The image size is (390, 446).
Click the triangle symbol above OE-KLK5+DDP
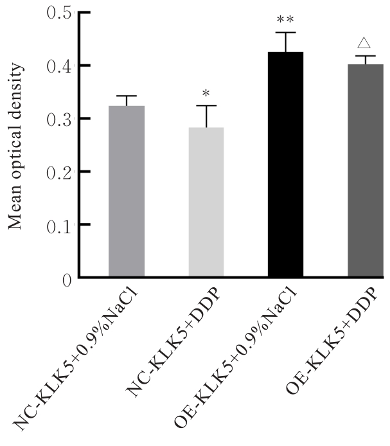point(364,44)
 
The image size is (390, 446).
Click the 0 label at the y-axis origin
point(65,278)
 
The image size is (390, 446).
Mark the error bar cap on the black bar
point(285,33)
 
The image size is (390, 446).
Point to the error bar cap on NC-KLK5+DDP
point(206,106)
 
